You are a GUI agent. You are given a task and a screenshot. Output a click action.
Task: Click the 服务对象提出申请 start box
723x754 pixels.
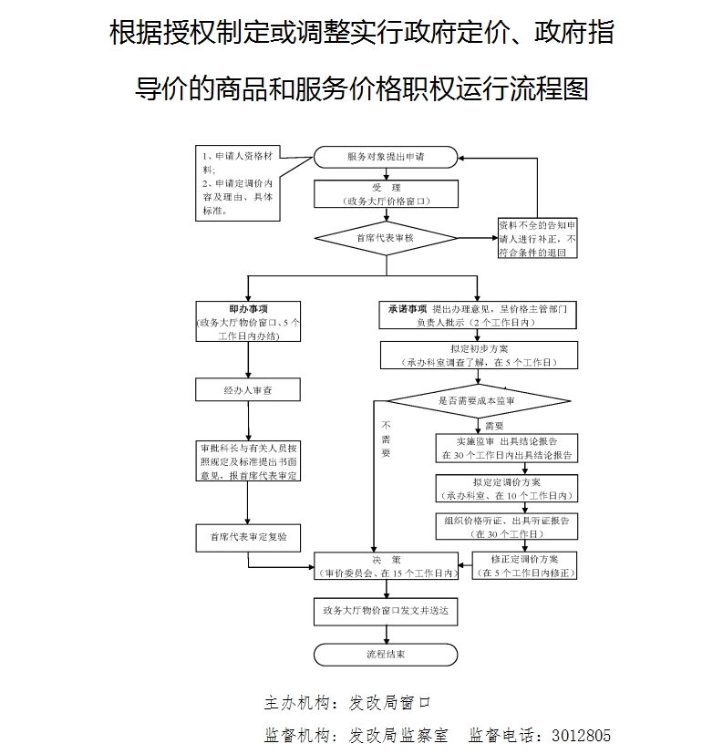click(x=386, y=157)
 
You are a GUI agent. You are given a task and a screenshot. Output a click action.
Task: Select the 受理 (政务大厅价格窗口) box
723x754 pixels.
click(x=386, y=193)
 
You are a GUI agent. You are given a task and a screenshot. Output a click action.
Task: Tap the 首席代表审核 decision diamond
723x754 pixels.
click(x=386, y=238)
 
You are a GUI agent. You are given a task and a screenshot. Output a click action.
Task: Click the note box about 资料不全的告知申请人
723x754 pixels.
click(x=537, y=238)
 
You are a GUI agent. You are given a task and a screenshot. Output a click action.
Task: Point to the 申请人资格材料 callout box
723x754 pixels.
click(x=236, y=182)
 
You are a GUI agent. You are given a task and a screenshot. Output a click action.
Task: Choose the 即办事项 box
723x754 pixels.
click(x=248, y=322)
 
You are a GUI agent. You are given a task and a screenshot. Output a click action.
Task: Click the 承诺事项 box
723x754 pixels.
click(x=479, y=315)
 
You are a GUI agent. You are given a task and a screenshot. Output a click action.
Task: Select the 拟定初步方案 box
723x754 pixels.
click(x=479, y=355)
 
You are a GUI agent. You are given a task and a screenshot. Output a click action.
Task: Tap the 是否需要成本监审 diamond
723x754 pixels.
click(x=479, y=400)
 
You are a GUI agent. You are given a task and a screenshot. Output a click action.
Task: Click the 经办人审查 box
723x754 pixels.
click(x=248, y=389)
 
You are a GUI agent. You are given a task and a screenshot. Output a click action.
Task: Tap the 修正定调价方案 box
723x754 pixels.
click(x=524, y=565)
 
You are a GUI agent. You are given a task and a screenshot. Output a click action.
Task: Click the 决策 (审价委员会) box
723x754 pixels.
click(x=386, y=565)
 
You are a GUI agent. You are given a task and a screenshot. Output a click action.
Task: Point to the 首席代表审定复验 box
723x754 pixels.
click(x=248, y=537)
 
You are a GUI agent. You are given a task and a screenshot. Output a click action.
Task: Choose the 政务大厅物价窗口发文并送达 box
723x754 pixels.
click(x=386, y=610)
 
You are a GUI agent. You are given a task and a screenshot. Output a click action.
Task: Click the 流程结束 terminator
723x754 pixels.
click(x=386, y=654)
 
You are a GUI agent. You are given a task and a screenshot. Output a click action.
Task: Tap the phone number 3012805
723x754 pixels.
click(x=574, y=735)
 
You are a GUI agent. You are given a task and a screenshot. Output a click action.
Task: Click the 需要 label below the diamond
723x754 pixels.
click(x=493, y=425)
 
